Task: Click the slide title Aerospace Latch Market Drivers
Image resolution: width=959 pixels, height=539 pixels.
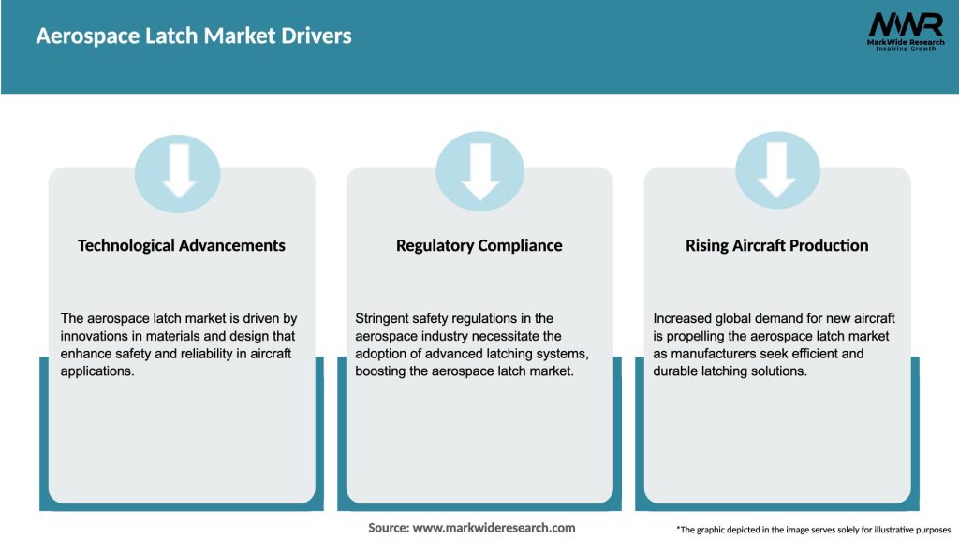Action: (194, 36)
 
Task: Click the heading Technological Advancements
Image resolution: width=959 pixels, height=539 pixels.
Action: (182, 245)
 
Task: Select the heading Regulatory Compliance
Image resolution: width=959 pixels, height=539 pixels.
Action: (479, 245)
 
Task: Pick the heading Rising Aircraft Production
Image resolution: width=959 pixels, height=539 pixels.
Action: (777, 245)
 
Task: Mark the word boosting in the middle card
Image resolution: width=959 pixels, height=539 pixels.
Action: (382, 371)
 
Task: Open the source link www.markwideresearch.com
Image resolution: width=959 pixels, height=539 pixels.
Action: (494, 528)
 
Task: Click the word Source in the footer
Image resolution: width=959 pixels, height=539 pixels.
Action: (388, 528)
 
